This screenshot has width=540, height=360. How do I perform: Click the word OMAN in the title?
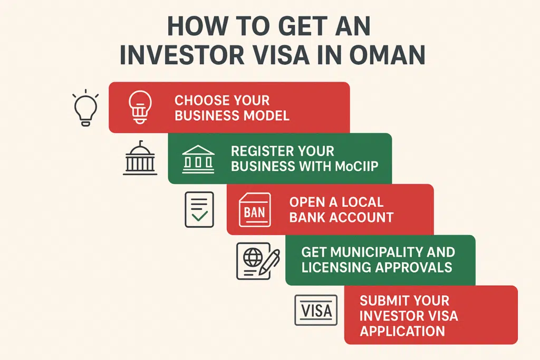387,54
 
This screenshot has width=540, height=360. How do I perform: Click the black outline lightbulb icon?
86,108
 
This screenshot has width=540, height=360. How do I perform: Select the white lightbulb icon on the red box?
140,107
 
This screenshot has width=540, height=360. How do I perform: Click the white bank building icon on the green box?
198,159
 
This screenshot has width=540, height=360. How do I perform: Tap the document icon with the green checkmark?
199,210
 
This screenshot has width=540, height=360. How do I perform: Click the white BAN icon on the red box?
255,210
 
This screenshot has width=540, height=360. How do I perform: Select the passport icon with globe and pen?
258,261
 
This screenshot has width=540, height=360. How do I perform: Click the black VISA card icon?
316,310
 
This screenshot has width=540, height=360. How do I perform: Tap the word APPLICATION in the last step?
402,331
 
